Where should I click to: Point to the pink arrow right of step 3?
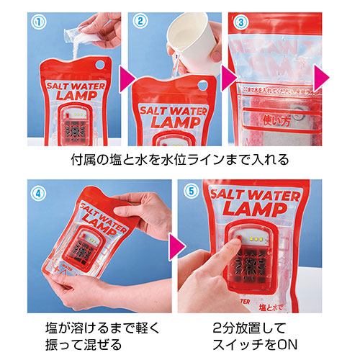[x=322, y=75]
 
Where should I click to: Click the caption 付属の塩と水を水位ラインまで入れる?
[x=180, y=158]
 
